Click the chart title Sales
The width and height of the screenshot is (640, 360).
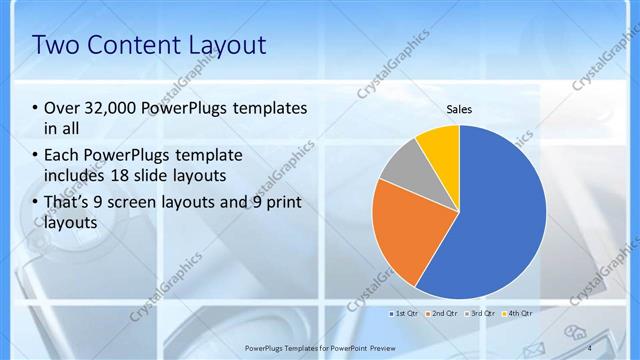[459, 110]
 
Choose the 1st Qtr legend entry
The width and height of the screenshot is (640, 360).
[404, 313]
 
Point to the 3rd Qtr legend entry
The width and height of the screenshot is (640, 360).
[481, 313]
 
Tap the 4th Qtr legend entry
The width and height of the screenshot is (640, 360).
[518, 313]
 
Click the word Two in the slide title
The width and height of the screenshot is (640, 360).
[55, 45]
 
